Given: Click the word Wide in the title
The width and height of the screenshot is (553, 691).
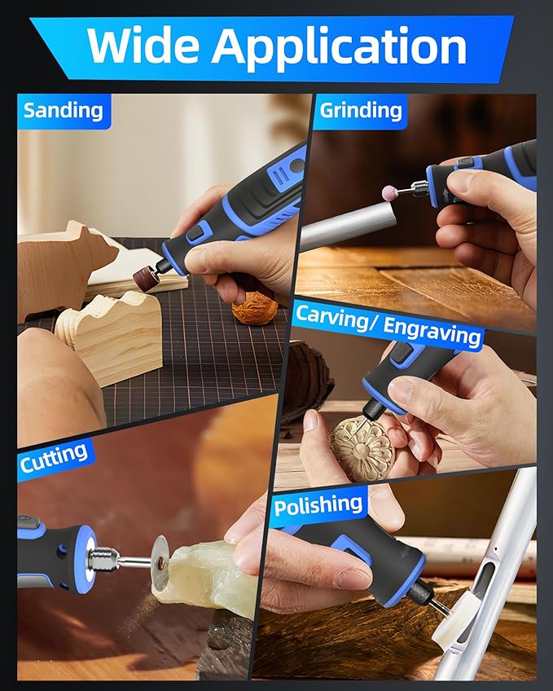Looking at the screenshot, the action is [x=144, y=45].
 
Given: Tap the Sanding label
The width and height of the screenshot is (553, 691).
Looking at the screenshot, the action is [x=63, y=110].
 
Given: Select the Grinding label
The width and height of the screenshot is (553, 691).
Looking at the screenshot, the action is [x=361, y=110].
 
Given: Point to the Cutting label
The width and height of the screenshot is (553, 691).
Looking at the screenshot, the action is [x=54, y=457].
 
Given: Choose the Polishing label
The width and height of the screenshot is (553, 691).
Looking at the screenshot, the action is [x=318, y=505].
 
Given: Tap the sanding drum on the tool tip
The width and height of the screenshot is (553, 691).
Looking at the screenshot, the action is [x=146, y=277].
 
